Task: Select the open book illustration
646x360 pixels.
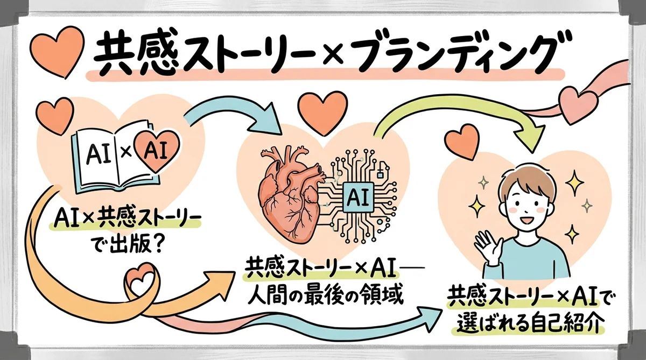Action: [108, 159]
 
